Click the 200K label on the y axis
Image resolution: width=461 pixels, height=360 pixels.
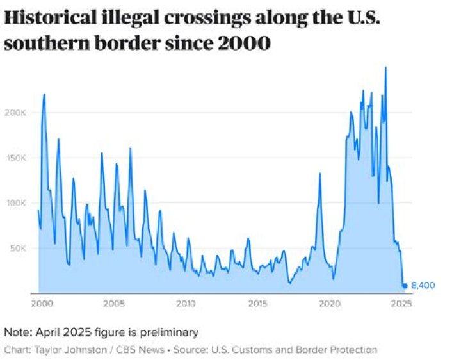[15, 112]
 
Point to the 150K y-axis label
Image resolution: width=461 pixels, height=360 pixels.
[15, 158]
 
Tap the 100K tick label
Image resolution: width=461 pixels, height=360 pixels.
[15, 203]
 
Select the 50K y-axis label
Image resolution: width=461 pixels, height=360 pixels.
[17, 248]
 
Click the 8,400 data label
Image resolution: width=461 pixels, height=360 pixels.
[423, 286]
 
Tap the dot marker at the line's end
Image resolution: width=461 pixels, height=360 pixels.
[405, 286]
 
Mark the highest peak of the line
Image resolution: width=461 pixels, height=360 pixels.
[385, 67]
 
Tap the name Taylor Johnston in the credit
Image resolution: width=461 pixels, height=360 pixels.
[63, 350]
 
